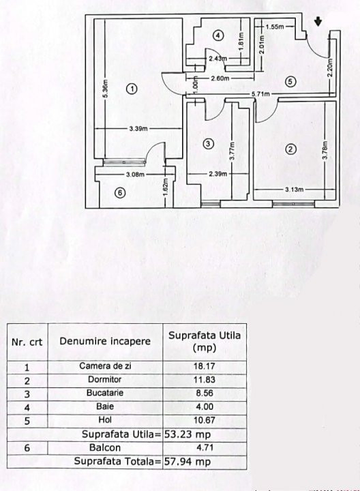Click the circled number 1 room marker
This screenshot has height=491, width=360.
tap(132, 89)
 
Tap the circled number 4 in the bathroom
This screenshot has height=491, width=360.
tap(218, 35)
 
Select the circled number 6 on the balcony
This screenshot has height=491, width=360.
tap(120, 193)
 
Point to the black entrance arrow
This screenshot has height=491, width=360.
tap(318, 22)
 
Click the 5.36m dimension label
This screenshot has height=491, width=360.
tap(106, 89)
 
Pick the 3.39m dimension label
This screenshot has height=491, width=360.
tap(138, 129)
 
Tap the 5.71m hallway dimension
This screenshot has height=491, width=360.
tap(260, 93)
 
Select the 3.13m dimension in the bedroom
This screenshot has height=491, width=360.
tap(295, 189)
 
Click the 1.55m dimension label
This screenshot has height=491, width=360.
tap(275, 27)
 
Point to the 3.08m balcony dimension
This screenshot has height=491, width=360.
tap(135, 175)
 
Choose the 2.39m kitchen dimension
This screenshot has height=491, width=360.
tap(218, 174)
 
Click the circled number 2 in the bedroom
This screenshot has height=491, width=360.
tap(291, 149)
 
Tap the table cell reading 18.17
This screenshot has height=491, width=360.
tap(204, 366)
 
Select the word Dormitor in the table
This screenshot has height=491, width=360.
tap(104, 380)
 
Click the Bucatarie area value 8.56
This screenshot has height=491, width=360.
tap(205, 393)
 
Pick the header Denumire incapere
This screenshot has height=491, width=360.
tap(105, 341)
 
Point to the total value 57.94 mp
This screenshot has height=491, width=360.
tap(187, 461)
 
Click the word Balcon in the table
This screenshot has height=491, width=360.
tap(105, 447)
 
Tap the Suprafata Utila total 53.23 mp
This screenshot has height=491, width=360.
tap(187, 434)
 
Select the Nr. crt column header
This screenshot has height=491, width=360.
tap(27, 342)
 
